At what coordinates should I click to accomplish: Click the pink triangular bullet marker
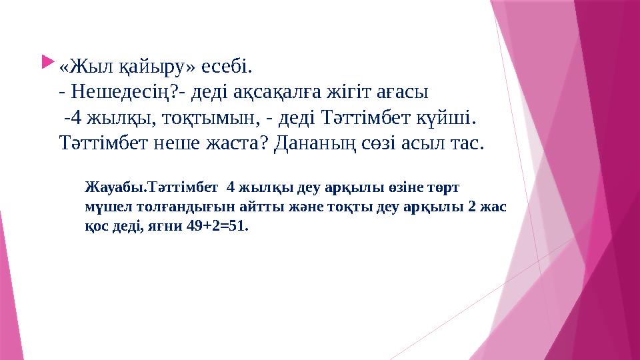(45, 63)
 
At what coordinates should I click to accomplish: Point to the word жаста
(239, 143)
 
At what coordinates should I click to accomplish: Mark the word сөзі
(390, 143)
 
